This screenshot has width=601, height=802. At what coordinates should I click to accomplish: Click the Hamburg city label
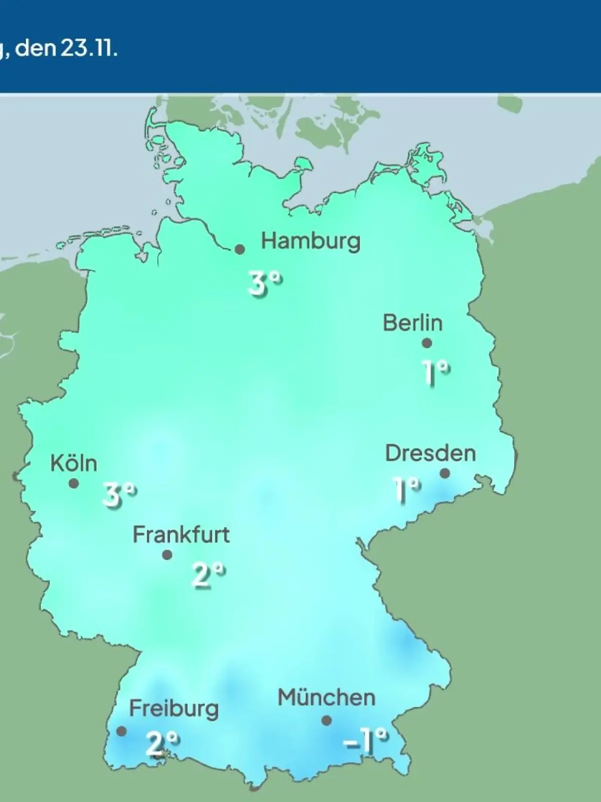tap(311, 242)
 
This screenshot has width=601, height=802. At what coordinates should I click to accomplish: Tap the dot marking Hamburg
tap(240, 249)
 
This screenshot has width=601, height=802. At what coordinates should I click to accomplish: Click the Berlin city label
tap(413, 323)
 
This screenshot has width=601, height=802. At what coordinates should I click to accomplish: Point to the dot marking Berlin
tap(427, 343)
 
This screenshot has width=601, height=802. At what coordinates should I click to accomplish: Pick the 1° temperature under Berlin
tap(436, 372)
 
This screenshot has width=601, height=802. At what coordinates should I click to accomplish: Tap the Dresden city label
tap(430, 454)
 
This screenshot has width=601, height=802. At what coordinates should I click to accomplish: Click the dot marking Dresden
tap(445, 473)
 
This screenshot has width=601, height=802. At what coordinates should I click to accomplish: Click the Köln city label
tap(74, 463)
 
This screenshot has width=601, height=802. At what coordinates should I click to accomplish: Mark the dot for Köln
tap(74, 484)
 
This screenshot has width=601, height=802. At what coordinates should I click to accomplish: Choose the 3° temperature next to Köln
tap(119, 495)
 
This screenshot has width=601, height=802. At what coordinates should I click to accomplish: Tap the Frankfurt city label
tap(181, 535)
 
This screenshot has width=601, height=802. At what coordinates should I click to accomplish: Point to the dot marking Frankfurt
tap(167, 555)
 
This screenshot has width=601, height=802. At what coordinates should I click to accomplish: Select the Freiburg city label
tap(174, 709)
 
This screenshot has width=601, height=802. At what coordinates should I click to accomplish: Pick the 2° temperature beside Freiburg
tap(162, 743)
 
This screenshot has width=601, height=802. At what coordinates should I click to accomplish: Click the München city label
tap(327, 698)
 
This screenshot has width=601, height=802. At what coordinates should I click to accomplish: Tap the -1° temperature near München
tap(366, 740)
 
